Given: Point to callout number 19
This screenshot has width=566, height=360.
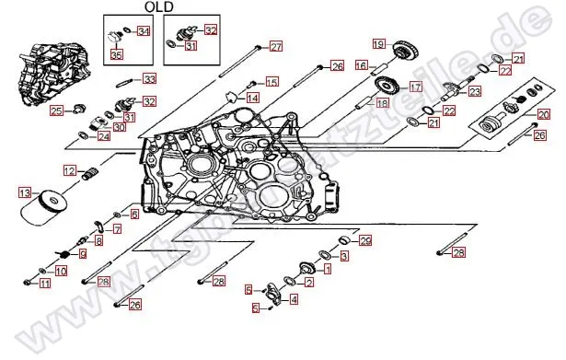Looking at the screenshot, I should (x=378, y=44).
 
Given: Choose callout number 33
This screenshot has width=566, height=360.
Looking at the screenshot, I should (x=149, y=79).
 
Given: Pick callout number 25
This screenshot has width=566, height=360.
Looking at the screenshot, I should (x=57, y=111).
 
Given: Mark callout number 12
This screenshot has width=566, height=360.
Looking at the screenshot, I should (x=69, y=170).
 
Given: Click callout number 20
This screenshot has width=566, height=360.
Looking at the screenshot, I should (x=543, y=113).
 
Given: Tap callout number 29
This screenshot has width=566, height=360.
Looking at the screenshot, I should (x=365, y=241).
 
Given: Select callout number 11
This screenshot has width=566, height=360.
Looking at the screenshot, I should (x=44, y=284).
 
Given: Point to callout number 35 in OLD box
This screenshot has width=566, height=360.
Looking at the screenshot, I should (x=116, y=55).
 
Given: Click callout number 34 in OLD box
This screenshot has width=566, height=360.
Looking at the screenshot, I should (x=143, y=31).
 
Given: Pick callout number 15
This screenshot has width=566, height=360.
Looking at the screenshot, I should (x=271, y=83).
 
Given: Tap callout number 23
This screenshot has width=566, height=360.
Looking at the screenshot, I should (x=475, y=91).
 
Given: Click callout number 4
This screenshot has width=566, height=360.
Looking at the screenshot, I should (x=294, y=299).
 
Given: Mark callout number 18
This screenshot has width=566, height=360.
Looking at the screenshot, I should (x=382, y=103).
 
